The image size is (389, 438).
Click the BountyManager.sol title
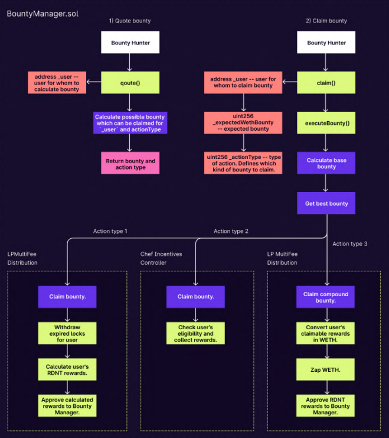click(42, 14)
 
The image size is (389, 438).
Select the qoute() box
click(130, 83)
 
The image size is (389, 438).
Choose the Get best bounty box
click(326, 203)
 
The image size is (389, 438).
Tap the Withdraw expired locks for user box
click(67, 333)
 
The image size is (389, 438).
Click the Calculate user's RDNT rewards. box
click(67, 370)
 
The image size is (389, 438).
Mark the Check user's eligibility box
click(195, 333)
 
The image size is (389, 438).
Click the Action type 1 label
click(110, 231)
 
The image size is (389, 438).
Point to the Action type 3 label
click(349, 244)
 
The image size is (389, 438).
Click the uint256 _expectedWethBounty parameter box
click(243, 122)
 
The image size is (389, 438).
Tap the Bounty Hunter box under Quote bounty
click(130, 43)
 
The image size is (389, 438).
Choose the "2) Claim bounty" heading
click(326, 21)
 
